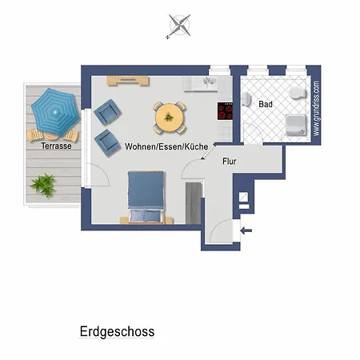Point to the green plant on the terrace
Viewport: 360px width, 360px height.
(42, 185)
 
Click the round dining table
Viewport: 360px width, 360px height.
(170, 117)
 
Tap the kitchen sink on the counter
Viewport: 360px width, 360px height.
(213, 82)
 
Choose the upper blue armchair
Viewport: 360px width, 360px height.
(106, 114)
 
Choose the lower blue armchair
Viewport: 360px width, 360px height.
(106, 142)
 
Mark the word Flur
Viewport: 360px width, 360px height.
(230, 161)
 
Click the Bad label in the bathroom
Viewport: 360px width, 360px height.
(266, 105)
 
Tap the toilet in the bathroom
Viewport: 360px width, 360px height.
(297, 94)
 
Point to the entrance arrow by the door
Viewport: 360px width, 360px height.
(247, 231)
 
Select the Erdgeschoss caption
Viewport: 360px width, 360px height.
(117, 331)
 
